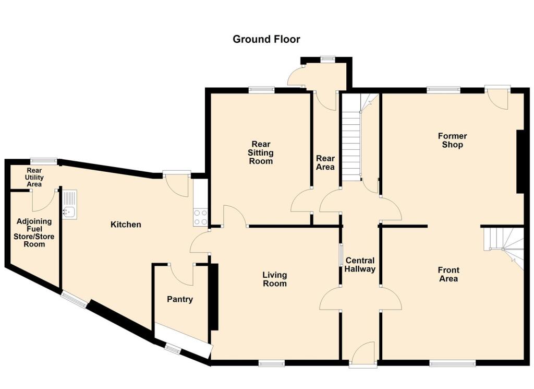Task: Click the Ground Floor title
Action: pyautogui.click(x=266, y=39)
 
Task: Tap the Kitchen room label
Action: pyautogui.click(x=126, y=225)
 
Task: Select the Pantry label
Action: pyautogui.click(x=180, y=299)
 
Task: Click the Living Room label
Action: pyautogui.click(x=274, y=279)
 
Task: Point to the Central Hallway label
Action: pyautogui.click(x=360, y=265)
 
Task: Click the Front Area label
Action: pyautogui.click(x=448, y=274)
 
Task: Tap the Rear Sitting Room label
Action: pyautogui.click(x=261, y=152)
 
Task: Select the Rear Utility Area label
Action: pyautogui.click(x=35, y=177)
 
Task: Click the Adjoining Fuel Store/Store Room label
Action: pyautogui.click(x=35, y=232)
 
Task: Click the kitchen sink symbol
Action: pyautogui.click(x=69, y=204)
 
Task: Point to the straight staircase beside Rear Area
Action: pyautogui.click(x=351, y=138)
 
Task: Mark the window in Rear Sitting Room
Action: pyautogui.click(x=261, y=90)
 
